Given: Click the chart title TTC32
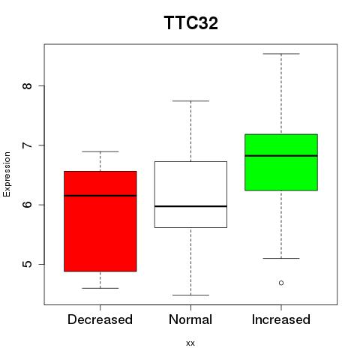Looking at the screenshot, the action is tap(191, 22).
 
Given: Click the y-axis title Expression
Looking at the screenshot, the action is tap(7, 174).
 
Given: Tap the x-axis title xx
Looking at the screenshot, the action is tap(190, 343).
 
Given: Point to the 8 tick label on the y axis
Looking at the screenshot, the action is tap(28, 85).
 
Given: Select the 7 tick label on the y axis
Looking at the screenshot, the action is tap(28, 145).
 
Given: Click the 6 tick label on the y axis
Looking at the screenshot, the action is tap(28, 205).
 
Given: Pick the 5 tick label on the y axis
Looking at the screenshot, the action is tap(28, 264).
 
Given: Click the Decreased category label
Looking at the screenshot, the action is tap(100, 319).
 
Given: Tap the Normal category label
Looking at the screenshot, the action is tap(190, 319).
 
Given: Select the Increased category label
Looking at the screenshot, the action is tap(281, 319).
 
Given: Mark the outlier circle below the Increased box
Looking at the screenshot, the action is tap(281, 283).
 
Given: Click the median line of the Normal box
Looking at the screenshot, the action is tap(190, 206).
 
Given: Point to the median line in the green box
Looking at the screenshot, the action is tap(281, 156).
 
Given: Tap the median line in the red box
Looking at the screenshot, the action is tap(100, 196).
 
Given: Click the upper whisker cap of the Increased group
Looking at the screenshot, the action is tap(281, 54).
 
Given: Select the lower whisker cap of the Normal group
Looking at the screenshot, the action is tap(190, 295).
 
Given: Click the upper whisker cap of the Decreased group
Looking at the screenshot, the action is tap(100, 151).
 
